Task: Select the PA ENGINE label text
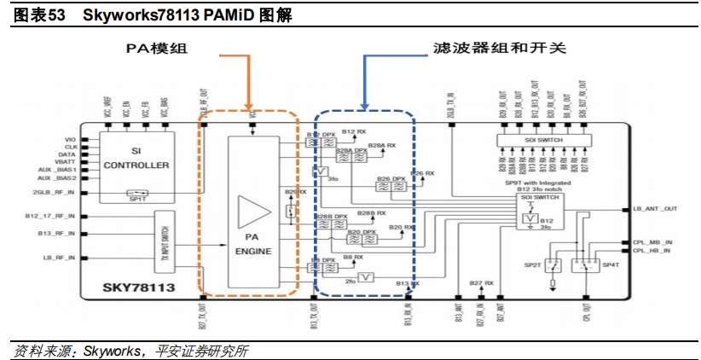click(253, 245)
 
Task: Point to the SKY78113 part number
click(141, 288)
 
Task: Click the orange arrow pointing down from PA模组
click(249, 81)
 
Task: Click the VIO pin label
click(71, 139)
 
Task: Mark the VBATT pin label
click(65, 162)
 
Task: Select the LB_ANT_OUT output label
click(655, 208)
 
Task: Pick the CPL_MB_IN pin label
click(652, 243)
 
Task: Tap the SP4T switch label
click(611, 265)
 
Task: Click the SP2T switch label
click(534, 265)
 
